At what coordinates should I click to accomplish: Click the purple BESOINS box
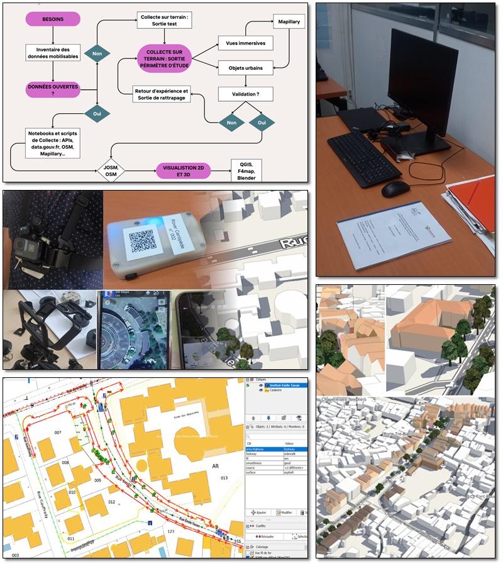click(53, 19)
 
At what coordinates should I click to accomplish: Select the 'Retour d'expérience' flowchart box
click(162, 94)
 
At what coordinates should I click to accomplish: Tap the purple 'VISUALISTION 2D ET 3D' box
click(183, 170)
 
